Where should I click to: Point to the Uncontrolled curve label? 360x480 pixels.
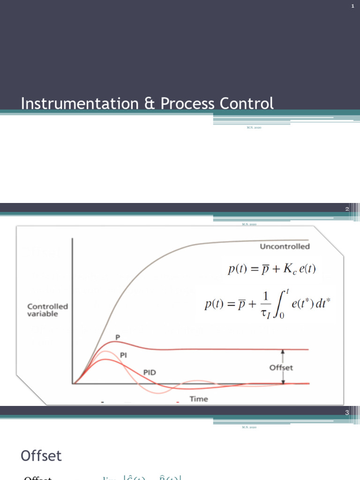[x=285, y=246]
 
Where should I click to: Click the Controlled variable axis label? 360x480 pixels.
[x=47, y=310]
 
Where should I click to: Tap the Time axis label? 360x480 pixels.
[x=199, y=399]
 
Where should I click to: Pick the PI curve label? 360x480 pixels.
[x=124, y=355]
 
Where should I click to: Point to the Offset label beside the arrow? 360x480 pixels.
[x=281, y=367]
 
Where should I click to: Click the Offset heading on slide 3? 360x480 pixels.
[x=41, y=456]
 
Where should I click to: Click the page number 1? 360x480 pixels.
[x=352, y=6]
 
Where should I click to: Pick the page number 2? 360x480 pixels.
[x=347, y=209]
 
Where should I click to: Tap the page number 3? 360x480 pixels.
[x=347, y=412]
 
